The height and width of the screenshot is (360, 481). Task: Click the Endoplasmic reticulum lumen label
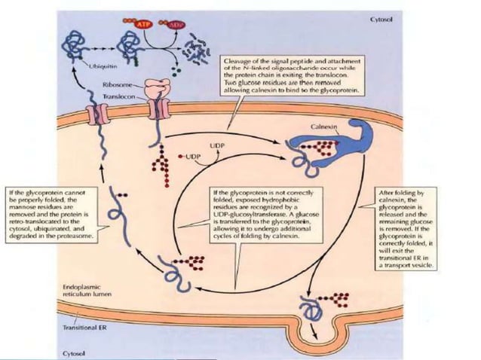pos(83,291)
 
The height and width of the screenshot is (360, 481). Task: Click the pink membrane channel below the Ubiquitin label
pos(98,113)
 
